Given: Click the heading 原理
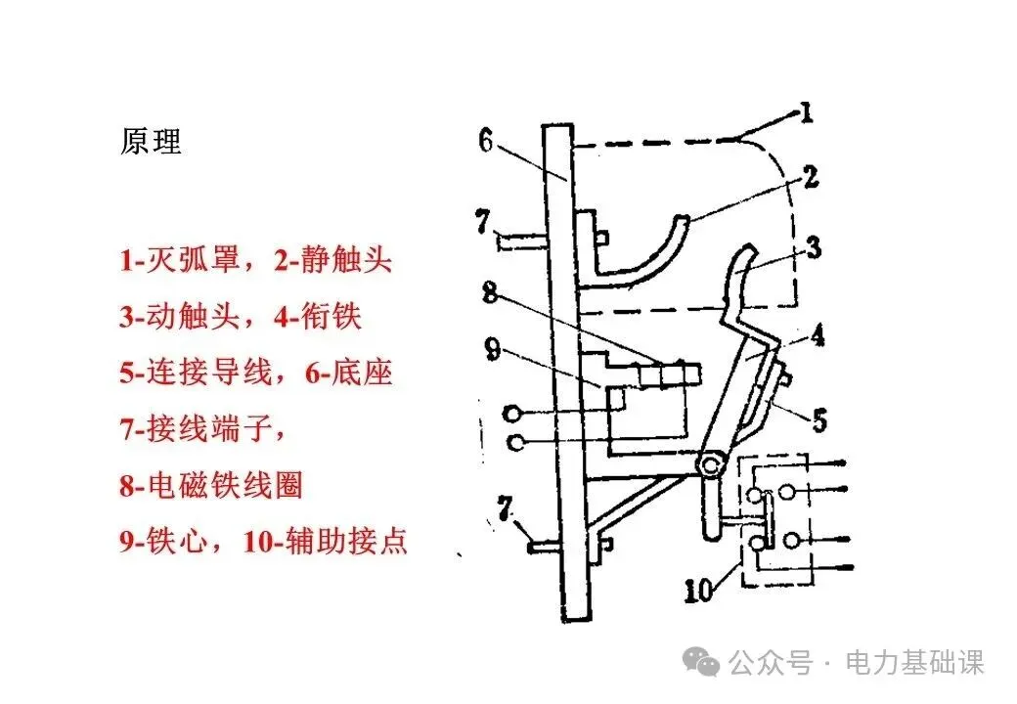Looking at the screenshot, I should (x=151, y=142).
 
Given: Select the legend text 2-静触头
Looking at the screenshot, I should (x=332, y=260).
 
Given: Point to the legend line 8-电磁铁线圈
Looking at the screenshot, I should (x=211, y=485).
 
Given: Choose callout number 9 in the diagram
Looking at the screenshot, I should (x=492, y=347).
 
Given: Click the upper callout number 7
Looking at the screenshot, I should (x=484, y=221).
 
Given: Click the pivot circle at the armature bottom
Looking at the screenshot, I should (x=711, y=462).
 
